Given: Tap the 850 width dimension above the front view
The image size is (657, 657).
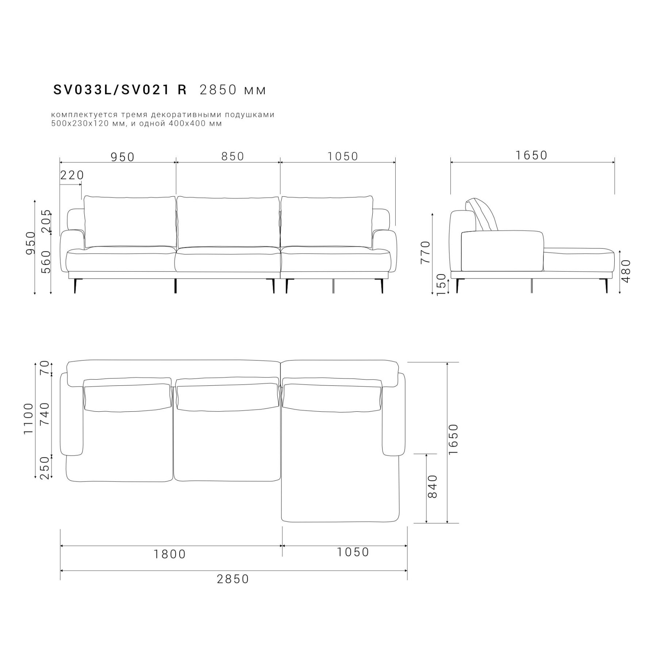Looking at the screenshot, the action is click(x=233, y=156).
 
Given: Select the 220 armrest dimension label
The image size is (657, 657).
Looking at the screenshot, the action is click(x=72, y=175).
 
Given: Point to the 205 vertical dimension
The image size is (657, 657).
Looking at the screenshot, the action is click(x=46, y=221).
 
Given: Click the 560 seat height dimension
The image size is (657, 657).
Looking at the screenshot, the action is click(x=46, y=262).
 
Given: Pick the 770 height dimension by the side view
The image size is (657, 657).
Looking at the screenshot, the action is click(x=426, y=252).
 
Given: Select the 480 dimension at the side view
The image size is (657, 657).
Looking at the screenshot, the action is click(x=626, y=271).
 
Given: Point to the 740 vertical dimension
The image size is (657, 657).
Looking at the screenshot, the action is click(x=45, y=414).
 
